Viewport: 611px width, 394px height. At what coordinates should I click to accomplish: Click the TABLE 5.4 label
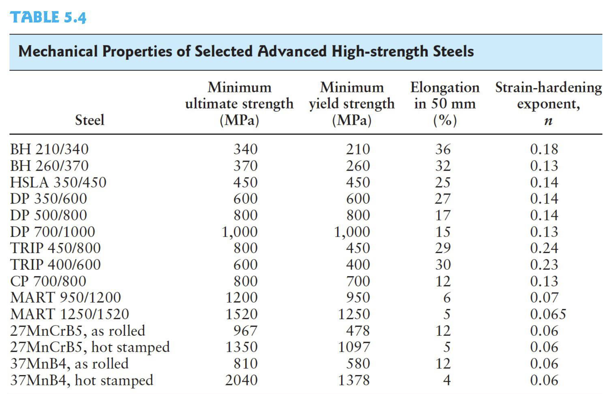coord(48,17)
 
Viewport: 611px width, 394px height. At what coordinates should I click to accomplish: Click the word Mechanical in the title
coord(58,51)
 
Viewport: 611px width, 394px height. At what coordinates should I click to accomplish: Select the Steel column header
coord(90,120)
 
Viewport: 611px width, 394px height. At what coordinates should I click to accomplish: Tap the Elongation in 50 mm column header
coord(445,104)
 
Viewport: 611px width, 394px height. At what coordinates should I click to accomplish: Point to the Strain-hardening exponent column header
coord(548,104)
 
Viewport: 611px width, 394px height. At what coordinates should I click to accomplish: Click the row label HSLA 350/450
coord(58,182)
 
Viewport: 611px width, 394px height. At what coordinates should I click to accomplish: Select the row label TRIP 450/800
coord(56,248)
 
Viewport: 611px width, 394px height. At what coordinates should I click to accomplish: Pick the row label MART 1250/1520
coord(70,314)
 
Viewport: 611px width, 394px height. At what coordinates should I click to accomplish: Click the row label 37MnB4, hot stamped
coord(82,380)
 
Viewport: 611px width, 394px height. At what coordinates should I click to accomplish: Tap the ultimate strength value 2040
coord(241,380)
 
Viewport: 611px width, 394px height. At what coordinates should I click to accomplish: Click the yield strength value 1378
coord(354,380)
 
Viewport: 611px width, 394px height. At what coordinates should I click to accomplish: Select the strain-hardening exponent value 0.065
coord(548,314)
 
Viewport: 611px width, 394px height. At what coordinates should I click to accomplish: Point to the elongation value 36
coord(443,149)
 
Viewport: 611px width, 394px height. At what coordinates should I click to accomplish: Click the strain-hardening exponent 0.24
coord(544,248)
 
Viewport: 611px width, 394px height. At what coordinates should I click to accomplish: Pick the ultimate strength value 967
coord(245,331)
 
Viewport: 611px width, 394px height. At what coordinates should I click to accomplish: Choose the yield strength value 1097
coord(354,347)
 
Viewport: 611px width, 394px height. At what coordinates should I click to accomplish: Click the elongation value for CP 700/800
coord(443,281)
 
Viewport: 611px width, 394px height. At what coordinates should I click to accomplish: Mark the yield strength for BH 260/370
coord(358,166)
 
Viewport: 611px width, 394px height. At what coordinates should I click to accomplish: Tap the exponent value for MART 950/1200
coord(544,298)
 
